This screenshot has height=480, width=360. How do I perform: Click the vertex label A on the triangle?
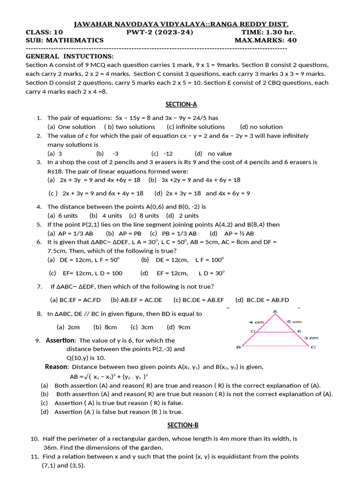pos(275,311)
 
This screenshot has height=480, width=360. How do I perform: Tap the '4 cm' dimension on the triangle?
pos(257,322)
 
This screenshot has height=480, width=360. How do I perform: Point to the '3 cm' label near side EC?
pos(311,337)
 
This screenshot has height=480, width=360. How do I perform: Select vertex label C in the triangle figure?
pos(313,347)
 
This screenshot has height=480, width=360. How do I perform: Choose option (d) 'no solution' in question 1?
pos(261,127)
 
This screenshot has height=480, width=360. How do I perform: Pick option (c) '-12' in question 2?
pos(162,153)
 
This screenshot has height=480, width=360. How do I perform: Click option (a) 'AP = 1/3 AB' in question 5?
pos(70,233)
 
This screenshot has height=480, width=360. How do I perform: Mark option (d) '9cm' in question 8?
pos(179,327)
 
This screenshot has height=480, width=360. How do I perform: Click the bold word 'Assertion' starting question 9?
pos(60,340)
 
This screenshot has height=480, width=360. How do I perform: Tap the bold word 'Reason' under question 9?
pos(57,367)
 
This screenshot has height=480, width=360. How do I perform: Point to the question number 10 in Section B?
pos(34,439)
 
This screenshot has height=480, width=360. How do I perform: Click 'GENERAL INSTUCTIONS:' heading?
pos(69,56)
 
